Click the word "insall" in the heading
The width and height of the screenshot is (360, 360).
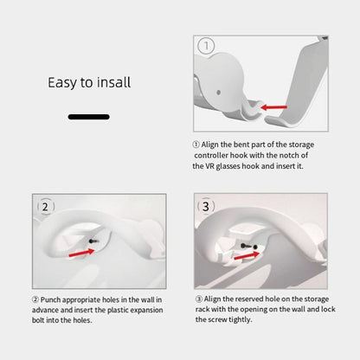[113, 82]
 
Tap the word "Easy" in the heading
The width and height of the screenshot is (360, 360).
[62, 83]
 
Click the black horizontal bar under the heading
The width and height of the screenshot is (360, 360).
[89, 117]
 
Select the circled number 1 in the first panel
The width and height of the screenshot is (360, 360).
[206, 46]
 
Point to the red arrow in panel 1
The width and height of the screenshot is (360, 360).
[273, 107]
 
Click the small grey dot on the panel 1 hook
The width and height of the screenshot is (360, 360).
[218, 93]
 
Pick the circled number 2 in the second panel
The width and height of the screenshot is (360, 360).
[45, 207]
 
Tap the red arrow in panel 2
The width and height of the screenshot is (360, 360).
[81, 253]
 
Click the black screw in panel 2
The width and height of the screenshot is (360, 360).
[93, 241]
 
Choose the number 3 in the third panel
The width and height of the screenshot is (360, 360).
[206, 206]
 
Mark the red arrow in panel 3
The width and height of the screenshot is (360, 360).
[247, 255]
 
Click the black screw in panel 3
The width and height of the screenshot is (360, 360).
[246, 246]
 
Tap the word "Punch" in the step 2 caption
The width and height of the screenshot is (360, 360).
[50, 299]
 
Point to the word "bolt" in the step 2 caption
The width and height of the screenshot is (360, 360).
[38, 320]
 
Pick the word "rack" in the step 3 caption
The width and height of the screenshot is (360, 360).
[202, 309]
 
